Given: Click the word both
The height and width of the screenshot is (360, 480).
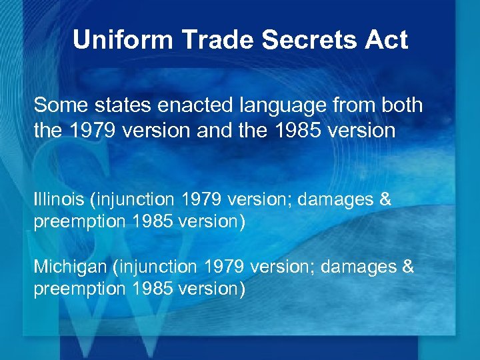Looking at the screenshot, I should click(x=402, y=105).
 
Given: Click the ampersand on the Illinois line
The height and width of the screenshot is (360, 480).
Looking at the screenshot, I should click(x=385, y=199).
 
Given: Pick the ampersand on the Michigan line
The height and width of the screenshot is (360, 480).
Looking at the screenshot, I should click(x=407, y=267).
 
